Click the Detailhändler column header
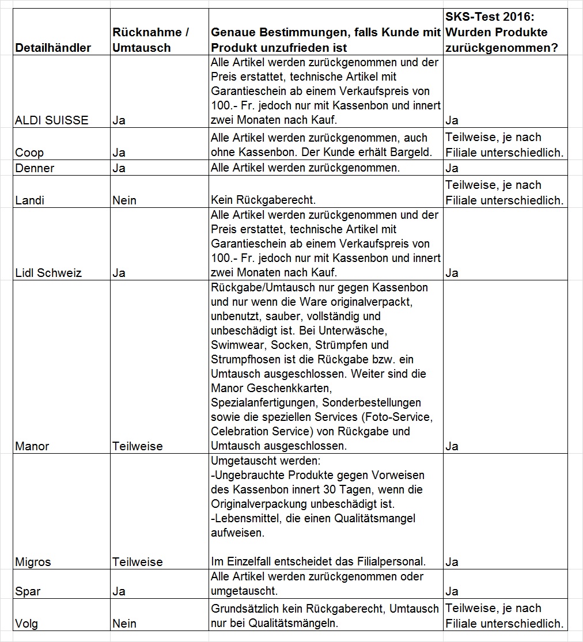coord(53,48)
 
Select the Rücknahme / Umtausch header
coord(150,40)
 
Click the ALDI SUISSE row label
coord(52,120)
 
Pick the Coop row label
coord(29,153)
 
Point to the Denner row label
coord(35,168)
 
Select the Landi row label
coord(29,200)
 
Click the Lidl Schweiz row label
coord(48,273)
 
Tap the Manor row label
coord(32,446)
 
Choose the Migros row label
coord(33,562)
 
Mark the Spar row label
coord(28,591)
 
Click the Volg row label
coord(27,624)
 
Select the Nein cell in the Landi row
coord(124,200)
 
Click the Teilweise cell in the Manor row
coord(138,446)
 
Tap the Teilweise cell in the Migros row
coord(138,562)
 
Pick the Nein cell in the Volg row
coord(124,624)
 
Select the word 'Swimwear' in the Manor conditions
coord(235,345)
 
